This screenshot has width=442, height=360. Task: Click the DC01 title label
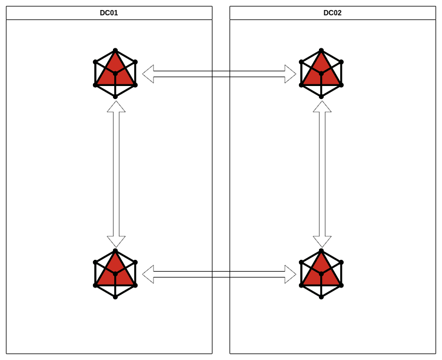click(x=109, y=13)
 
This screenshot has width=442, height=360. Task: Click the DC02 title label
click(x=333, y=13)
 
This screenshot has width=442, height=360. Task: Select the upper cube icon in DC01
click(x=115, y=74)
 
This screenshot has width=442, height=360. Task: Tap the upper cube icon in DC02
click(x=321, y=74)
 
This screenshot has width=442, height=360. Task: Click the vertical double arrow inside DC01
click(x=116, y=174)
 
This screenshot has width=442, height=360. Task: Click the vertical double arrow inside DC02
click(x=322, y=174)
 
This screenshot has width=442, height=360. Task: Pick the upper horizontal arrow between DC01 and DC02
click(x=219, y=74)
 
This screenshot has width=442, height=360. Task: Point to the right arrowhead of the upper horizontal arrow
click(x=290, y=74)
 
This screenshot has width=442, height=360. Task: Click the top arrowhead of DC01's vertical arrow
click(x=116, y=107)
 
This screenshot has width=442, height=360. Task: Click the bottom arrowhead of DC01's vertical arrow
click(x=116, y=241)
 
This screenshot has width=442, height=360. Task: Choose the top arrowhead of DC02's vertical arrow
click(x=322, y=107)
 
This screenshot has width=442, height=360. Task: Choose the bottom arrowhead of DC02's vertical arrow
click(x=322, y=241)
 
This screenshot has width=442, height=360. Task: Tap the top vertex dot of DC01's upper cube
click(x=115, y=51)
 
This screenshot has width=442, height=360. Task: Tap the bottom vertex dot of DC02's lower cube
click(x=321, y=297)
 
